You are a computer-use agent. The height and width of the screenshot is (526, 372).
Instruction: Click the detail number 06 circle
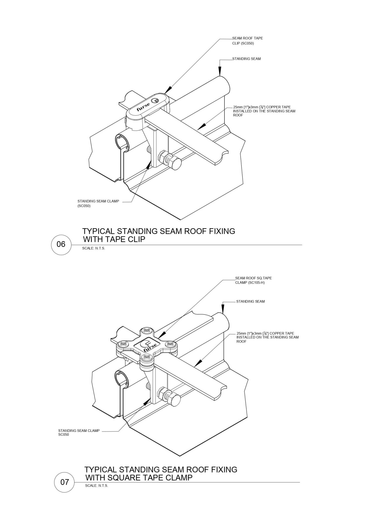click(x=61, y=244)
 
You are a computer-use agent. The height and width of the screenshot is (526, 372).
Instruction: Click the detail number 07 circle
click(x=64, y=482)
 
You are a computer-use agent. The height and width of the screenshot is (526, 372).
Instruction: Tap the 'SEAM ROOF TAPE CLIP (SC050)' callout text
click(x=247, y=41)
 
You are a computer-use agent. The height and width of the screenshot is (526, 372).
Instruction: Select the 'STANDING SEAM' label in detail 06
click(x=246, y=59)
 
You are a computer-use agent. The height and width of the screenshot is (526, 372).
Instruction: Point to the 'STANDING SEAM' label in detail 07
click(x=250, y=301)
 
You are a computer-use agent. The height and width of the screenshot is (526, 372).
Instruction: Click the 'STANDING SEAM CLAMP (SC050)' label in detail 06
click(x=98, y=203)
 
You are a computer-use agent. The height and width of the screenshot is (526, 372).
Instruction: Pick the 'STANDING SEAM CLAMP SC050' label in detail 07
click(x=79, y=432)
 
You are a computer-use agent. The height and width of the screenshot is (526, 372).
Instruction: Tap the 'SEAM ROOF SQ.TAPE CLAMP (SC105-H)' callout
click(x=253, y=280)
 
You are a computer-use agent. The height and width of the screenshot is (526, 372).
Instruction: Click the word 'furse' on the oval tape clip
click(x=143, y=107)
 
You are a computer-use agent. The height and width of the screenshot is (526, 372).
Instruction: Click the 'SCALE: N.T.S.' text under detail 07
click(x=96, y=486)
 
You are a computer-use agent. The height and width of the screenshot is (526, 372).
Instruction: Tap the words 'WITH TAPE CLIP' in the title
click(x=114, y=239)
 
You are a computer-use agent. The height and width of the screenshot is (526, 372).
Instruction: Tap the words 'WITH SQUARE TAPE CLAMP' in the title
click(x=139, y=477)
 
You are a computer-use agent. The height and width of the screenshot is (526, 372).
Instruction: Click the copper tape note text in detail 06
click(x=264, y=111)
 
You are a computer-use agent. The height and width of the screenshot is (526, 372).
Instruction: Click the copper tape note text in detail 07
click(x=267, y=337)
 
